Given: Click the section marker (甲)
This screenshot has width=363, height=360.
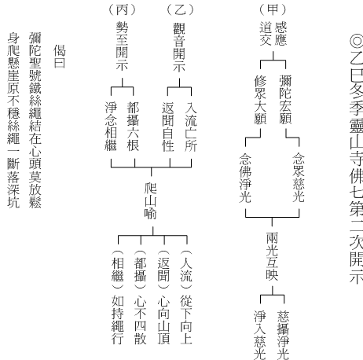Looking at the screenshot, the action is pos(273,10).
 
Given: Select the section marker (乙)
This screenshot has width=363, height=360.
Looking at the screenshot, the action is pos(180,10).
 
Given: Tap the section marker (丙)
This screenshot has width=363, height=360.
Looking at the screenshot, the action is pos(122,10).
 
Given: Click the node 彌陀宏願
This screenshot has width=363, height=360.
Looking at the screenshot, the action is pos(285,100).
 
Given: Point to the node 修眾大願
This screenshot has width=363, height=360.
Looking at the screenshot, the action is pos(260,100).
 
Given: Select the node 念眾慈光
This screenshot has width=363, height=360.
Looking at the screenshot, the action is pos(299,178).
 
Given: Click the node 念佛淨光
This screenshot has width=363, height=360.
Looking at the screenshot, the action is pos(245,178).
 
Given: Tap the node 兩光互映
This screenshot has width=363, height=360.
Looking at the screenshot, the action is pos(272,256).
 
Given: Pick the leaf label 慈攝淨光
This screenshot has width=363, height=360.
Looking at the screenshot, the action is pos(284,335).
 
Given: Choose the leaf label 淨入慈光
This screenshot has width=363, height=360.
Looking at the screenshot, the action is pos(260,335).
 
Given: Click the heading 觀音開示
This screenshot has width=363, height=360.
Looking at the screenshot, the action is pos(179,47).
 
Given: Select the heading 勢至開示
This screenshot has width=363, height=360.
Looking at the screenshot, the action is pos(122,46).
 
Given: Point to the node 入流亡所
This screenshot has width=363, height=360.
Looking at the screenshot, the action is pos(191,127).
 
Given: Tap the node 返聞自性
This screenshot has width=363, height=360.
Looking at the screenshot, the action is pos(168,127).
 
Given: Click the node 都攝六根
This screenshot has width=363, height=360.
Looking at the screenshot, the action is pos(133,127).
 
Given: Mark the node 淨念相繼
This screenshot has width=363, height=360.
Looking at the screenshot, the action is pos(111,127).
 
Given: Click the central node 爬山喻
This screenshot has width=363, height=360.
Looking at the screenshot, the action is pos(151,201).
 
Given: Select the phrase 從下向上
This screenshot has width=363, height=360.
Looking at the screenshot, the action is pos(186,320).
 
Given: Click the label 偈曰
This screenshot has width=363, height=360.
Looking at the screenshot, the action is pos(60,56).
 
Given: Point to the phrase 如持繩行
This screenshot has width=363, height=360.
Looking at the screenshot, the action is pos(118,320).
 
